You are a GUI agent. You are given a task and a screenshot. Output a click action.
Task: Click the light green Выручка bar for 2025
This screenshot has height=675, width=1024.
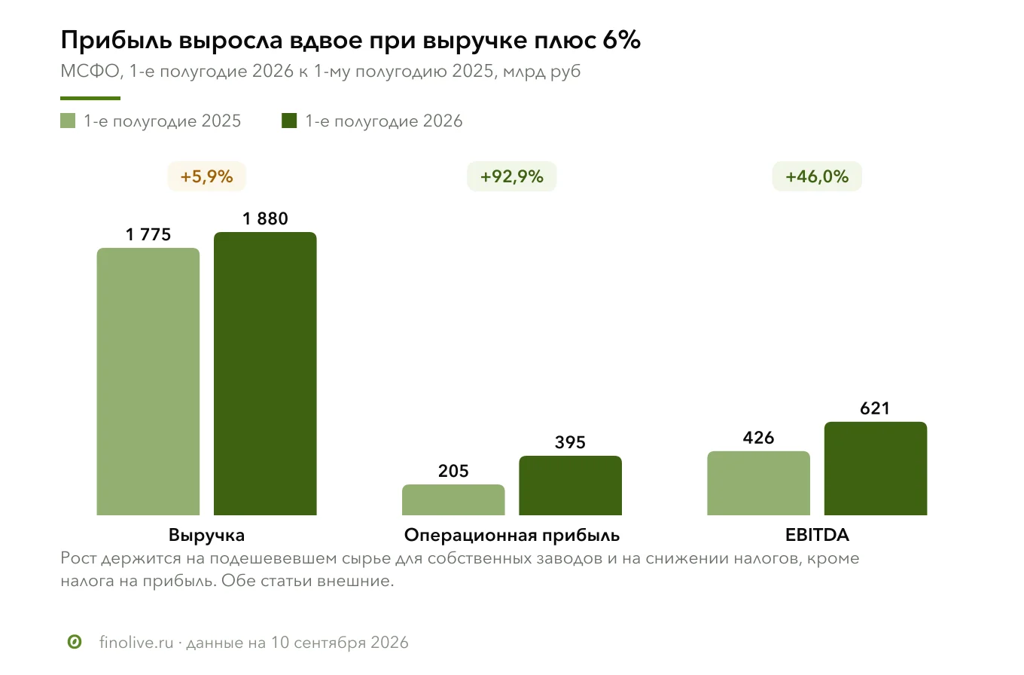pos(148,381)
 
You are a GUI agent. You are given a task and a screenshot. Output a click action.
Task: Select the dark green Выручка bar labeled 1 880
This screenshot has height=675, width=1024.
pos(265,374)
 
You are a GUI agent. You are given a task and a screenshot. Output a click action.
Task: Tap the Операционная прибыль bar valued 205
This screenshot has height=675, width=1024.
pos(453,500)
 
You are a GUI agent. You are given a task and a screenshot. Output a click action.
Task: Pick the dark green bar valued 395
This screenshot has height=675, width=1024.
pos(571,486)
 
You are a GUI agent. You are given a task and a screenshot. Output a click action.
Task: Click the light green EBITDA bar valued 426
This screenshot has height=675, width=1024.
pos(759,484)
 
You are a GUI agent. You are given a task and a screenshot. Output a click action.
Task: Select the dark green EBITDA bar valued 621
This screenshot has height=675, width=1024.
pos(876,469)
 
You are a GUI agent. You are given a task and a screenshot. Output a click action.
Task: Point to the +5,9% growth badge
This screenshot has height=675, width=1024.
pos(206,176)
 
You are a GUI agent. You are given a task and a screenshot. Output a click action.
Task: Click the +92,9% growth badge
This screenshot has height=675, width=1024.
pos(512,176)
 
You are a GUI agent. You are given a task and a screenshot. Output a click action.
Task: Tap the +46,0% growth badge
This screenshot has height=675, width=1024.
pos(818,176)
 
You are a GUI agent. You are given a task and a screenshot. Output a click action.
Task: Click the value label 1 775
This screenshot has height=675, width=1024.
pos(148,234)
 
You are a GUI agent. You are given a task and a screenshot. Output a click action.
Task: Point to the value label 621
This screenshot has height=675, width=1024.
pos(875,408)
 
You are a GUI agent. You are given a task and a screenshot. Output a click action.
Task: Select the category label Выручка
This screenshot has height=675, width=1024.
pos(206,535)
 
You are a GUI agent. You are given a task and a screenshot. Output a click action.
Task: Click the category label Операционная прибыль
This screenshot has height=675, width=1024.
pos(512,535)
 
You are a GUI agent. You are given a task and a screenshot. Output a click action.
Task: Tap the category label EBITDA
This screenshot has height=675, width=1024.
pos(818,535)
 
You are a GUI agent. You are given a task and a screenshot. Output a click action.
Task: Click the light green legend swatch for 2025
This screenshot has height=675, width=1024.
pos(68,121)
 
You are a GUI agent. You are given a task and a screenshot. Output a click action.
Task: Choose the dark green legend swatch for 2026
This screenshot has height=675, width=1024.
pos(289,121)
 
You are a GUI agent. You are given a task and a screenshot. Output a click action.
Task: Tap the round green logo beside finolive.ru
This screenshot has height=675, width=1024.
pos(75,642)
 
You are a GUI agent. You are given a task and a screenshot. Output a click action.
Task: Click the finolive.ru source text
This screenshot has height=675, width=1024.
pos(137,643)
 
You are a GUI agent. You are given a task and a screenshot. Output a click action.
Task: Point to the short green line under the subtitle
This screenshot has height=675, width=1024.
pos(90,99)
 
